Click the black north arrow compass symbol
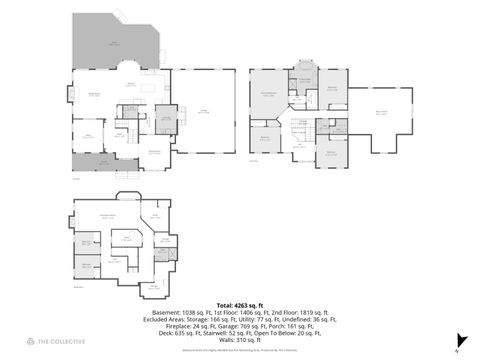click(456, 348)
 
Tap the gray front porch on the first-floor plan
click(96, 161)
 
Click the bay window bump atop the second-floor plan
click(303, 74)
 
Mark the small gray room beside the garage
click(165, 116)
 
